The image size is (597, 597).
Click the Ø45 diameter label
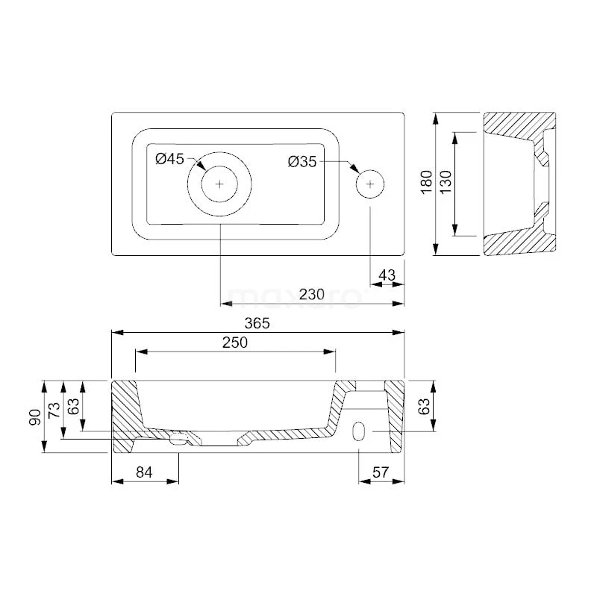[x=170, y=159]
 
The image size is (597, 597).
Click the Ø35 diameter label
[x=302, y=162]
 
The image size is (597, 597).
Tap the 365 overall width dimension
[x=257, y=323]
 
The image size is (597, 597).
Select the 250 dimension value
[x=235, y=343]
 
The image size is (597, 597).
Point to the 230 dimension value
[x=311, y=294]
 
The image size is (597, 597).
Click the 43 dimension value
[x=387, y=275]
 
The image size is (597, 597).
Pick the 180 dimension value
[x=427, y=182]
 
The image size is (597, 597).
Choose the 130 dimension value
[x=446, y=182]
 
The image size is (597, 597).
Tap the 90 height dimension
[x=34, y=417]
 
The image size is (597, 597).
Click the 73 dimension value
[x=54, y=410]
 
